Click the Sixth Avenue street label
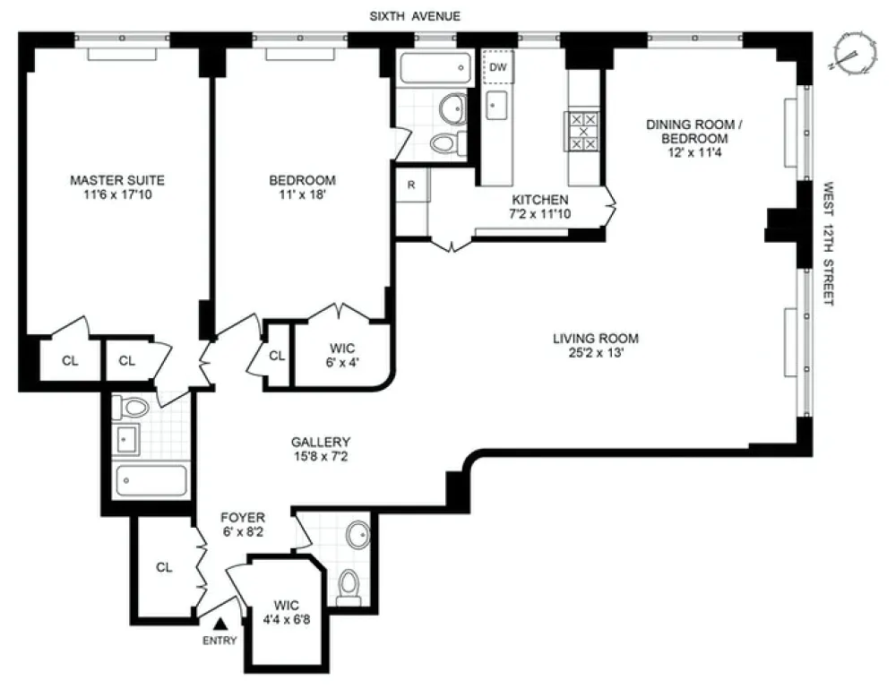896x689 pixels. click(x=415, y=16)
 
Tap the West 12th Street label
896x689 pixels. click(x=828, y=244)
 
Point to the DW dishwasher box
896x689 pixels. click(x=498, y=67)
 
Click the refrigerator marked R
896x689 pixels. click(x=411, y=185)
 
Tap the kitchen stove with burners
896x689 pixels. click(x=583, y=131)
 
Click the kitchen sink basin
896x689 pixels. click(x=496, y=105)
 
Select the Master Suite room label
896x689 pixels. click(x=117, y=180)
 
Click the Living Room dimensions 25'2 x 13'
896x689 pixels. click(x=596, y=352)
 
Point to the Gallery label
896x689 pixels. click(x=321, y=442)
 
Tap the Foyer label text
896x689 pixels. click(x=243, y=518)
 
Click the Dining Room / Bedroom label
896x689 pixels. click(x=694, y=132)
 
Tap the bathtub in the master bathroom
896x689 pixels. click(x=151, y=481)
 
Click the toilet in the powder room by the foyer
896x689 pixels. click(x=349, y=587)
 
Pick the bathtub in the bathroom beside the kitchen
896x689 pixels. click(x=435, y=69)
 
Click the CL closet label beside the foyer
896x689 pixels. click(x=164, y=567)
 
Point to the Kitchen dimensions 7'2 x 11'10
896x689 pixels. click(x=540, y=214)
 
